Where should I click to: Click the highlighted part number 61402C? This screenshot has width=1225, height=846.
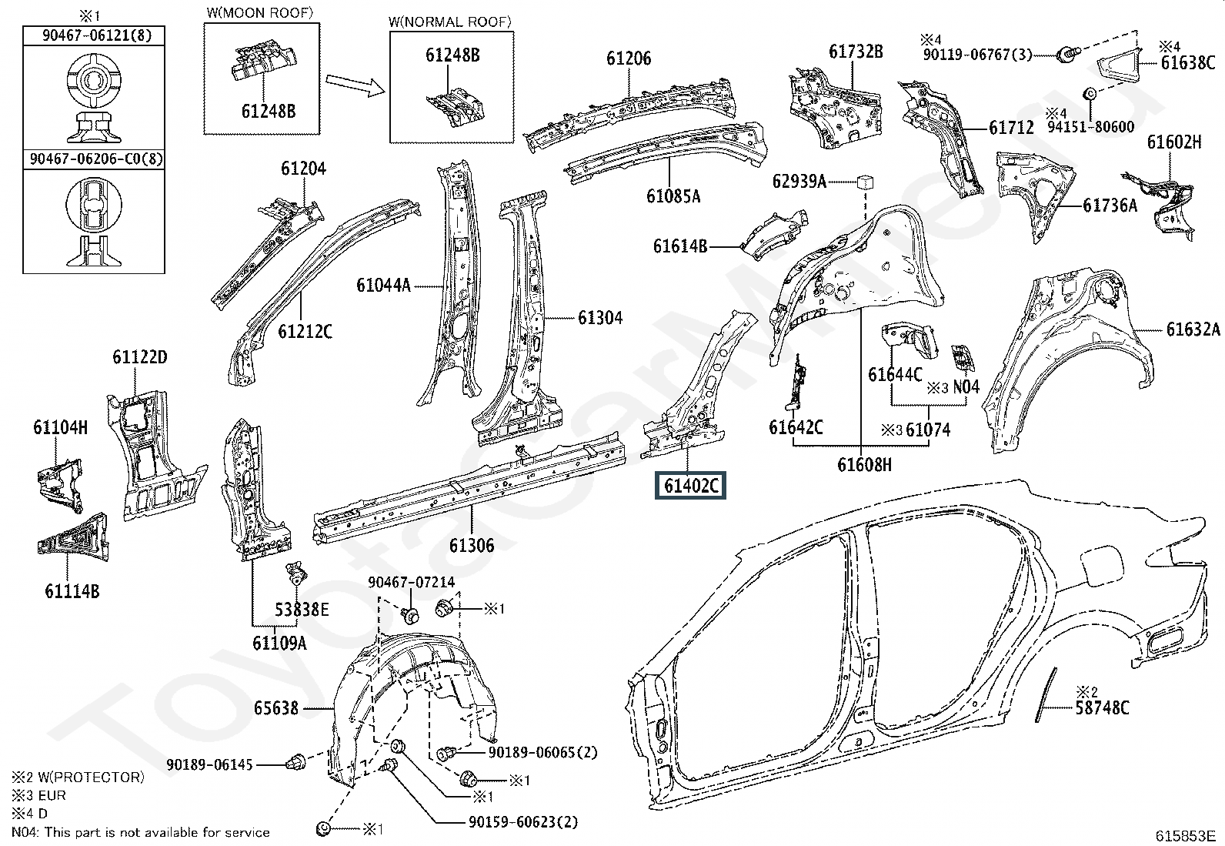tap(690, 486)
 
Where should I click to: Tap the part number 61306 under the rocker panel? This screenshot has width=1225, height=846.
tap(472, 545)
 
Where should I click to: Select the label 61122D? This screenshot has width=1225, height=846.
tap(140, 356)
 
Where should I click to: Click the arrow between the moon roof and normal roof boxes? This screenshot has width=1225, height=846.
tap(355, 85)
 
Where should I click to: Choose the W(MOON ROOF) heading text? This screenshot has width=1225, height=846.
tap(260, 12)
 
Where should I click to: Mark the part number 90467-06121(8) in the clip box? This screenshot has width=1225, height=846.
tap(96, 35)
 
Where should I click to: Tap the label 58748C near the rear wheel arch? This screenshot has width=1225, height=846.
tap(1102, 707)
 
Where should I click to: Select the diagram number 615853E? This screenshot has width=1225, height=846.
tap(1185, 835)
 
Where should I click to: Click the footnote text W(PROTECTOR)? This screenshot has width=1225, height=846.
tap(92, 777)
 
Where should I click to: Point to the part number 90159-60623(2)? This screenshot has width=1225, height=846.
tap(522, 822)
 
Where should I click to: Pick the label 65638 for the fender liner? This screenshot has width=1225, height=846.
tap(276, 708)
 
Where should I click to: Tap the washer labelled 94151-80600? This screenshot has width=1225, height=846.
tap(1088, 94)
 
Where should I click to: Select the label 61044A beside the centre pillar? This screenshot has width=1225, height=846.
tap(383, 285)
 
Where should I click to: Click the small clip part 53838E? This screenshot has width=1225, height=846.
tap(295, 573)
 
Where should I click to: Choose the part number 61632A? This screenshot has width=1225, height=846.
tap(1193, 329)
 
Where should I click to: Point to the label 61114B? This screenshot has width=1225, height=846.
tap(72, 591)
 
